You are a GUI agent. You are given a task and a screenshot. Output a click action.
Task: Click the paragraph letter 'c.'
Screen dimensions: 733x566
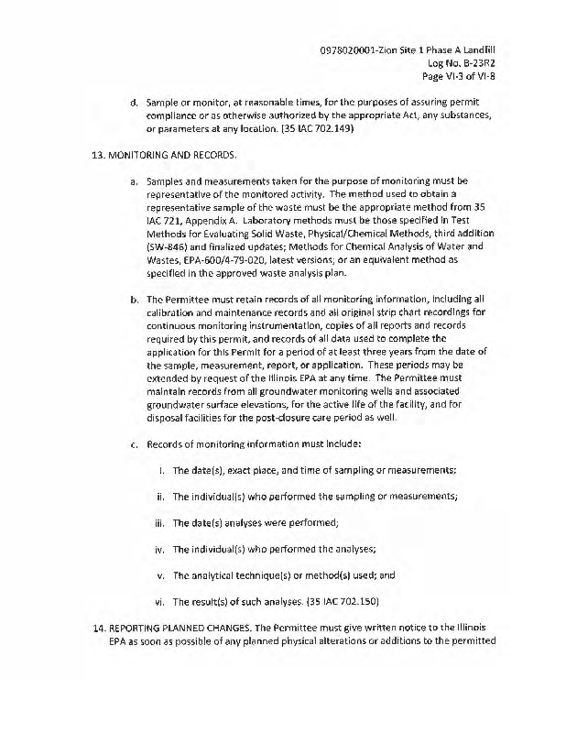coord(134,443)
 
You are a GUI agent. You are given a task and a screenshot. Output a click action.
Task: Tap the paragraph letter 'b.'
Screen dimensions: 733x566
coord(134,299)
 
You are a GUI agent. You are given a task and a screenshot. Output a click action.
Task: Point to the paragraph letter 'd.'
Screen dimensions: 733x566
coord(134,102)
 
